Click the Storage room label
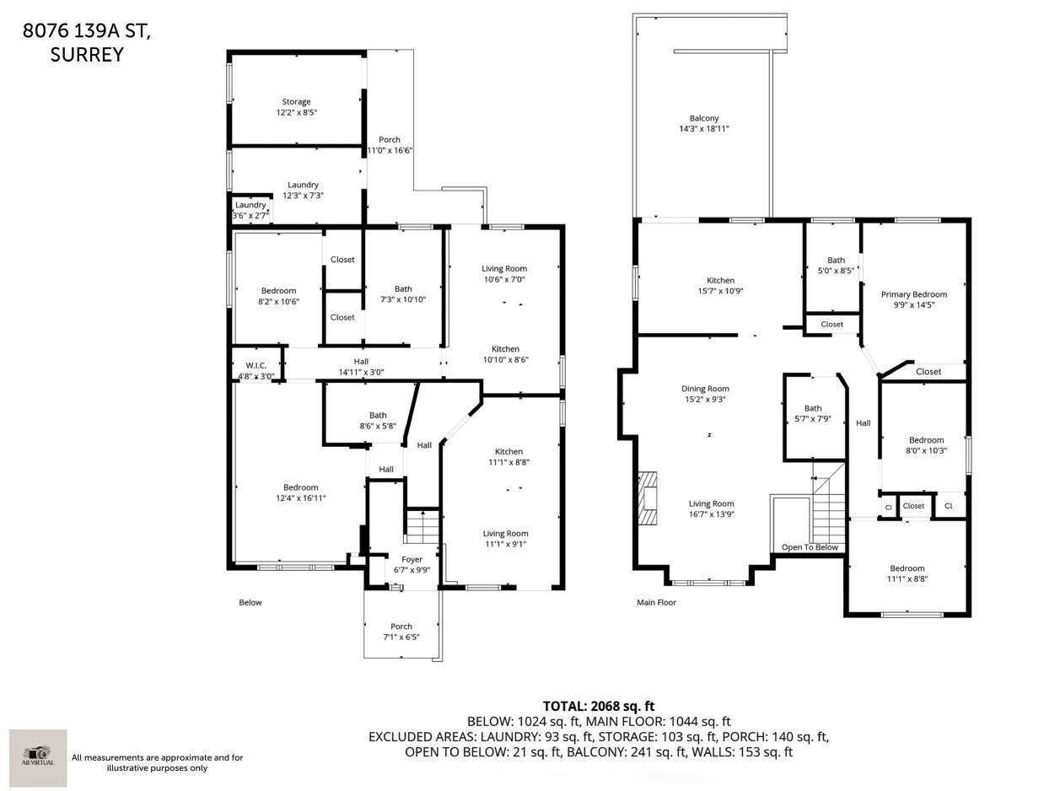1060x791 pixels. (x=296, y=107)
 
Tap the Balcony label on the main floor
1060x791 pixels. (x=704, y=124)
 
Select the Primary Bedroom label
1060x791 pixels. (x=913, y=299)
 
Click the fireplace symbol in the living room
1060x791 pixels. (x=648, y=498)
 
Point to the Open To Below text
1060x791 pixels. (x=810, y=547)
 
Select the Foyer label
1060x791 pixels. (x=412, y=564)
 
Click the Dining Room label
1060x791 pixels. (x=705, y=394)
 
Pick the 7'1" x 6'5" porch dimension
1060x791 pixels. (x=401, y=637)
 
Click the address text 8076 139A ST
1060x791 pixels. (x=87, y=31)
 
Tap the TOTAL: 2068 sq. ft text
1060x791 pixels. (x=599, y=706)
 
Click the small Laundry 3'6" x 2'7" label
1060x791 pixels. (x=250, y=210)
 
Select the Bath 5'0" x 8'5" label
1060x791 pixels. (x=836, y=266)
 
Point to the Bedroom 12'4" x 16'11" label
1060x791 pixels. (x=300, y=492)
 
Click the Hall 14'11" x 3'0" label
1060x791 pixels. (x=361, y=366)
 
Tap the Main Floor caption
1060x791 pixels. (x=656, y=602)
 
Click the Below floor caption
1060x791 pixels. (x=250, y=602)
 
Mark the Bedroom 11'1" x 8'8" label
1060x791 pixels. (x=907, y=573)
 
